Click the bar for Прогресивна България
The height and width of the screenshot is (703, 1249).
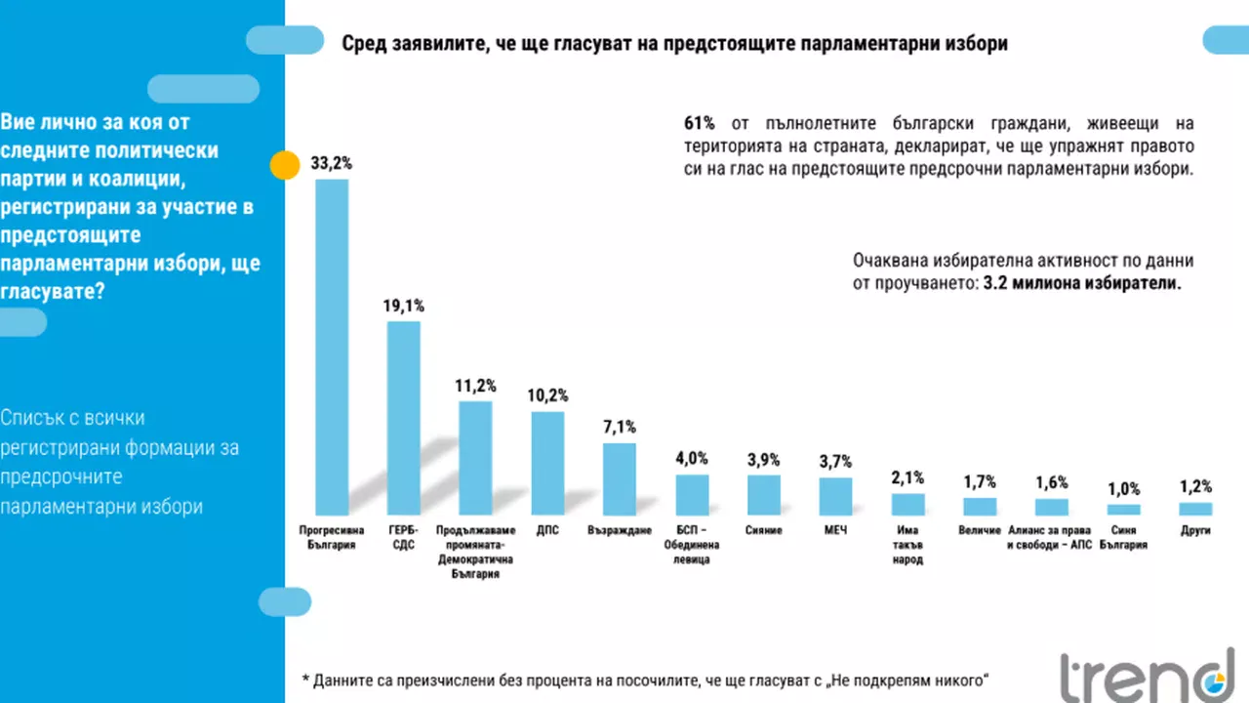coord(332,347)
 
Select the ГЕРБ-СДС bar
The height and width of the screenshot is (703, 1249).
coord(404,418)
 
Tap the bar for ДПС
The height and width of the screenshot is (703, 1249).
coord(547,463)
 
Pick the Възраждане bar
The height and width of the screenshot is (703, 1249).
coord(620,479)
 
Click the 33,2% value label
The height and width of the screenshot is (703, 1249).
coord(332,164)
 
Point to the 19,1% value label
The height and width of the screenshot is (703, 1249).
coord(404,307)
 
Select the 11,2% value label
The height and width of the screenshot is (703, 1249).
coord(475,386)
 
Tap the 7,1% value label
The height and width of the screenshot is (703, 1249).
coord(620,428)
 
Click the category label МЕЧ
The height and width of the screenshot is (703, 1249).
coord(835,530)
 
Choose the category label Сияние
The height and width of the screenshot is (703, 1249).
coord(763,530)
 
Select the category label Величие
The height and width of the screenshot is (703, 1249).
coord(980,530)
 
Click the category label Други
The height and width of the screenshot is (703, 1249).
coord(1195,530)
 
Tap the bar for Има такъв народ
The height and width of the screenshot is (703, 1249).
coord(907,504)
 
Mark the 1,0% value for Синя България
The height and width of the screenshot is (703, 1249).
coord(1123,488)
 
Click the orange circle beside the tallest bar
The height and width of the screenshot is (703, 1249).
coord(284,166)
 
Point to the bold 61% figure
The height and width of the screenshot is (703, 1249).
coord(699,124)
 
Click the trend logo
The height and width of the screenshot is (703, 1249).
coord(1147,674)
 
